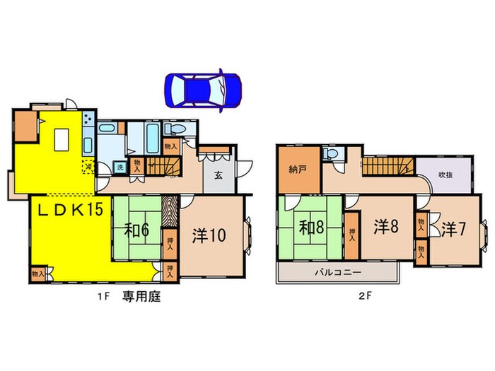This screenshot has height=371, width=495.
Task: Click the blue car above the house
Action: pos(203,89)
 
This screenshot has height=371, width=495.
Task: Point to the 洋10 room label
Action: pos(208,235)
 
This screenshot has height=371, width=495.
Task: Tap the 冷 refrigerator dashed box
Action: pos(88,165)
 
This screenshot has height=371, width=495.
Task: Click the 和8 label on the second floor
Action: pos(310,228)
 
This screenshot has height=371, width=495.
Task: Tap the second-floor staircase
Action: pos(388,168)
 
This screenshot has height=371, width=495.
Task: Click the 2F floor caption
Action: pos(364,297)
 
